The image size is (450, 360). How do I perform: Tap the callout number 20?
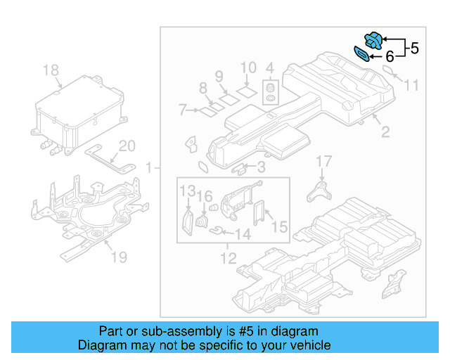(x=126, y=146)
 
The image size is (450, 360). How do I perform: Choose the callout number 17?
(x=323, y=162)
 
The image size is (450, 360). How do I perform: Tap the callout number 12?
(x=229, y=259)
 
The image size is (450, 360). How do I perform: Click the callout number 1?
(x=148, y=168)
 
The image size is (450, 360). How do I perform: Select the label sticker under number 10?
(x=246, y=90)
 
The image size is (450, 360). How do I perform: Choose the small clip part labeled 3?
(x=239, y=167)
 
